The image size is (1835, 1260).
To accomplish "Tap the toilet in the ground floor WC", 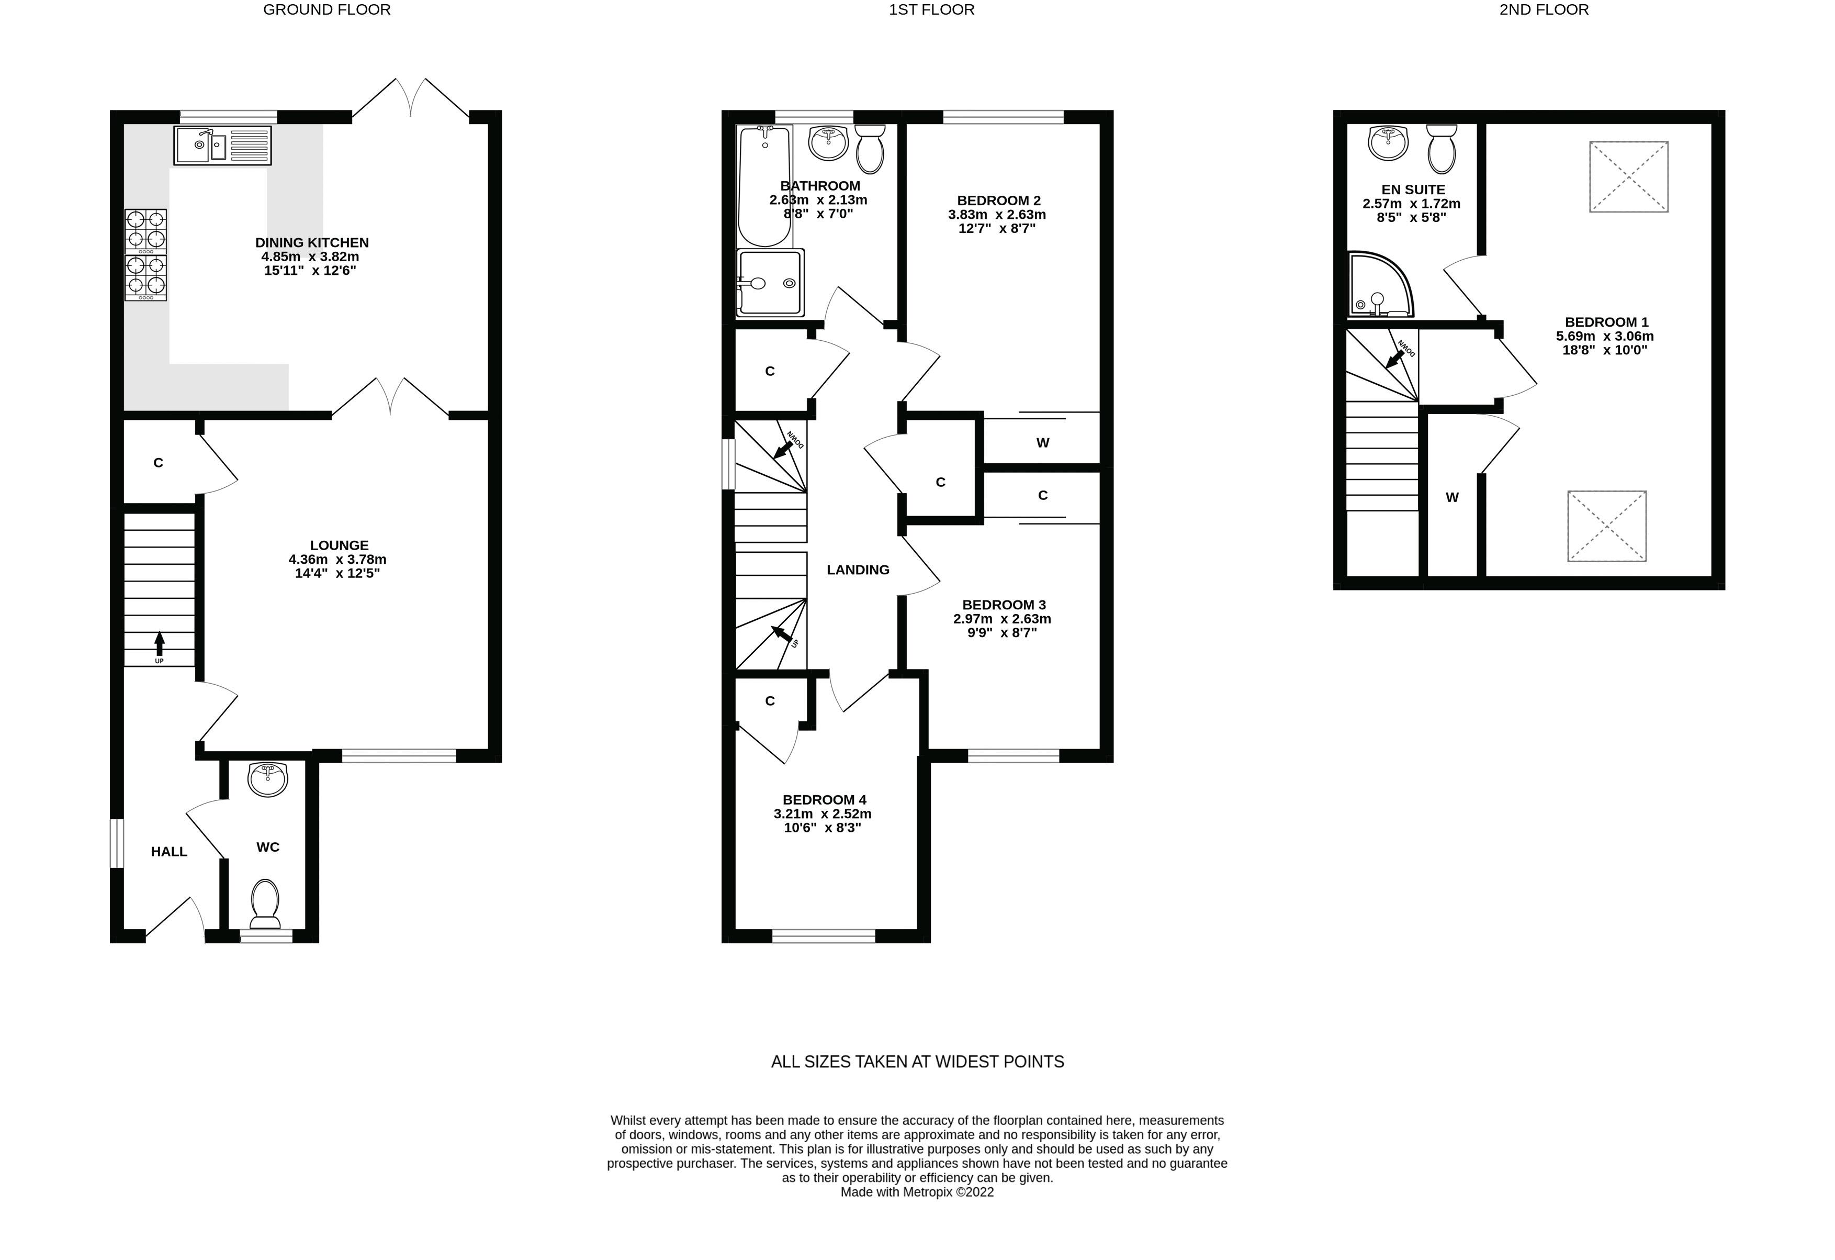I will pyautogui.click(x=265, y=905).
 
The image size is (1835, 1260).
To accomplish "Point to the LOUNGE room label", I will pyautogui.click(x=339, y=545).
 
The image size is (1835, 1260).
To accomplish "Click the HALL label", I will pyautogui.click(x=169, y=852).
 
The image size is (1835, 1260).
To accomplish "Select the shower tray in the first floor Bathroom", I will pyautogui.click(x=770, y=283).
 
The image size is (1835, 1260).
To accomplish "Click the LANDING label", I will pyautogui.click(x=858, y=570).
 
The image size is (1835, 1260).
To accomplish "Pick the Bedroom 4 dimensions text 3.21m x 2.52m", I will pyautogui.click(x=822, y=813).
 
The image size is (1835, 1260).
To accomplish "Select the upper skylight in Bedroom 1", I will pyautogui.click(x=1628, y=177).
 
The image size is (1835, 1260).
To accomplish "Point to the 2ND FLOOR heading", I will pyautogui.click(x=1544, y=9).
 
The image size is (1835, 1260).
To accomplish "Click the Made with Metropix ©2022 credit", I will pyautogui.click(x=917, y=1192).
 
